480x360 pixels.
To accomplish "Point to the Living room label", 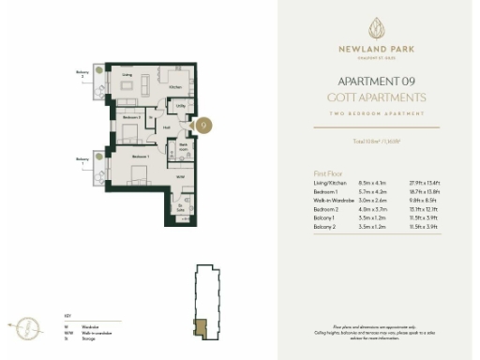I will click(x=127, y=73).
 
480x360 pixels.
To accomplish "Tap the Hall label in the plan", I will click(x=165, y=128).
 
